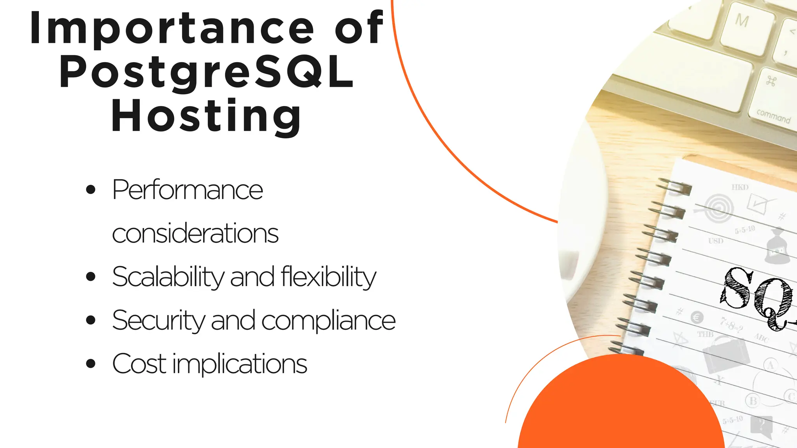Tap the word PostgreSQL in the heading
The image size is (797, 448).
206,72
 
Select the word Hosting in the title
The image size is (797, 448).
206,116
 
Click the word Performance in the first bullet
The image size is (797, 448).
188,190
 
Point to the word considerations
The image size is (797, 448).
195,234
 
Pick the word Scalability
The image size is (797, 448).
168,277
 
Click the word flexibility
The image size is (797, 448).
328,277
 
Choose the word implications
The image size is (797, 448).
240,364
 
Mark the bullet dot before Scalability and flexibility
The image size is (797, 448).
91,277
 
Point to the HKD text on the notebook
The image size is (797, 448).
740,187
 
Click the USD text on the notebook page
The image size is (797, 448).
716,241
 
